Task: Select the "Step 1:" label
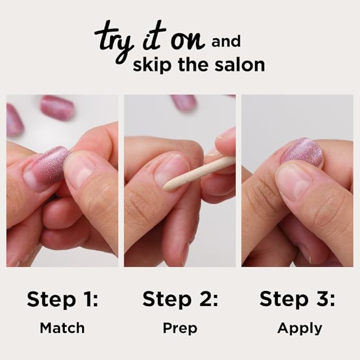[63, 300]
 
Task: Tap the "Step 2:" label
[180, 300]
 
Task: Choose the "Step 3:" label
[297, 300]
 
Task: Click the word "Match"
[62, 328]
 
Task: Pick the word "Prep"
[180, 329]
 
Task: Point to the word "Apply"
[300, 329]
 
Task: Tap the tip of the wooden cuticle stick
[166, 187]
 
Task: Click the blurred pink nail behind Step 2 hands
[184, 102]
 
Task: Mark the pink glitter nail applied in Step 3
[302, 152]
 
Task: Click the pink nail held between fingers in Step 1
[51, 165]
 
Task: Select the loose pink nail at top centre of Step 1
[57, 107]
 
